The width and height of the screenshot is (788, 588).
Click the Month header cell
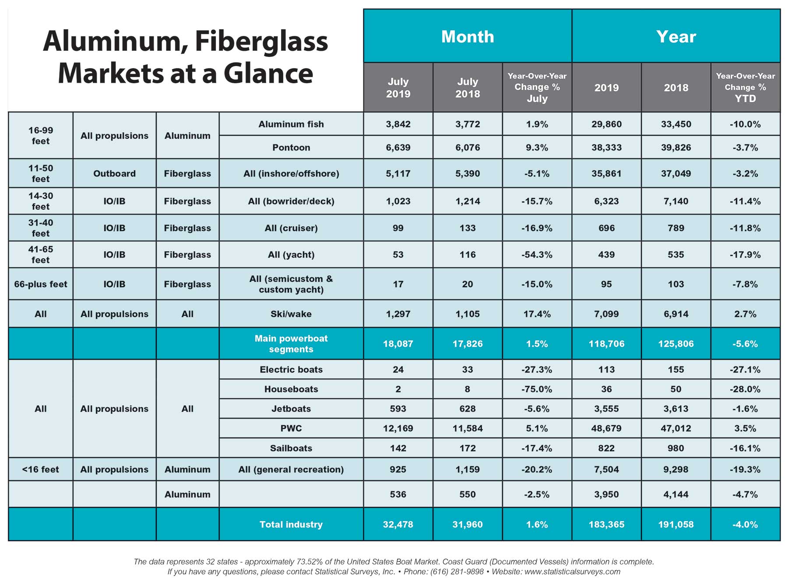click(468, 36)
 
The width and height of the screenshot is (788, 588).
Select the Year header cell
click(676, 36)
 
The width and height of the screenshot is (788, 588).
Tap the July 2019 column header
click(398, 87)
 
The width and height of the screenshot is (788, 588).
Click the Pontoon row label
click(291, 148)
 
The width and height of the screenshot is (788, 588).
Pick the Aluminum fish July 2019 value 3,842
click(398, 124)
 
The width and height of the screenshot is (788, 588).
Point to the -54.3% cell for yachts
click(537, 255)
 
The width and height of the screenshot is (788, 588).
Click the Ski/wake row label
click(291, 314)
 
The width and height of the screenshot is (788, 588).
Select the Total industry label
click(291, 524)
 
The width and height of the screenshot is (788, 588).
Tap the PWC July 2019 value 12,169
click(398, 428)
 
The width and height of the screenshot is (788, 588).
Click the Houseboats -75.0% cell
click(537, 389)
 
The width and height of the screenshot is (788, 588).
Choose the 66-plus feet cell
click(41, 284)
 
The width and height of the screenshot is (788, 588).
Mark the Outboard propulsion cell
click(114, 173)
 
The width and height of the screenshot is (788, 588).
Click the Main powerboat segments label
click(291, 344)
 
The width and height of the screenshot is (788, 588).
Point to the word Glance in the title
click(268, 73)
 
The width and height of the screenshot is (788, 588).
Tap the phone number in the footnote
click(457, 571)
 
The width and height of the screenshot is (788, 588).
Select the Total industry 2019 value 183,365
click(606, 524)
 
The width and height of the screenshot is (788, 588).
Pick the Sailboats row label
click(291, 448)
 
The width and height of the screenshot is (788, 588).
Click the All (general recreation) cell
click(291, 469)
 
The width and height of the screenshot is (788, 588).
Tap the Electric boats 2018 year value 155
click(676, 370)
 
